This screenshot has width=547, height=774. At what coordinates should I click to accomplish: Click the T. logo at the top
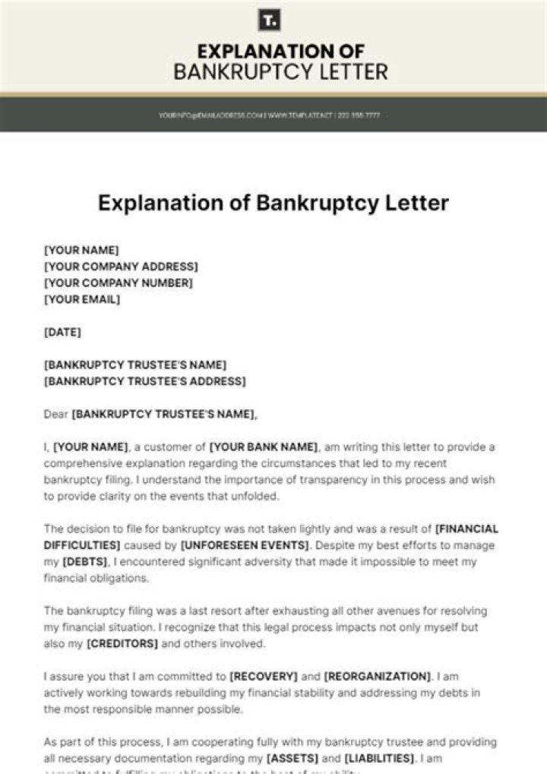tap(269, 20)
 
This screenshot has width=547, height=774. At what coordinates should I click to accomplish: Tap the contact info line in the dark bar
tap(269, 115)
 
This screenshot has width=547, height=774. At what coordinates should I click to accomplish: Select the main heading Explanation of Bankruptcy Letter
tap(273, 204)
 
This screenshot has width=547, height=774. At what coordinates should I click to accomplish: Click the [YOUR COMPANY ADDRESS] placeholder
tap(121, 267)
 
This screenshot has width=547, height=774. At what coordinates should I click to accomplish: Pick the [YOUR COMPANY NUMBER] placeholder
tap(118, 283)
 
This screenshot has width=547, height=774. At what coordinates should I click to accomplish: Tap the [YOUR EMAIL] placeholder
tap(82, 299)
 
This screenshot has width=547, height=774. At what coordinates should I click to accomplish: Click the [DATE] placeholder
tap(62, 332)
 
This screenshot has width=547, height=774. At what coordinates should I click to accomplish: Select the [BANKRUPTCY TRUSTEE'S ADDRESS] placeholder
tap(144, 381)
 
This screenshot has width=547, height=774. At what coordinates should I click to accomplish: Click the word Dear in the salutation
tap(56, 414)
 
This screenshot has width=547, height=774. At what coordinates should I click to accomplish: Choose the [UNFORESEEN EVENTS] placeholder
tap(245, 545)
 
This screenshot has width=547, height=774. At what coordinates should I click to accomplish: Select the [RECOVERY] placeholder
tap(263, 676)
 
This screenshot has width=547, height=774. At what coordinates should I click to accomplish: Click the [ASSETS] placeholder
tap(292, 758)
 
